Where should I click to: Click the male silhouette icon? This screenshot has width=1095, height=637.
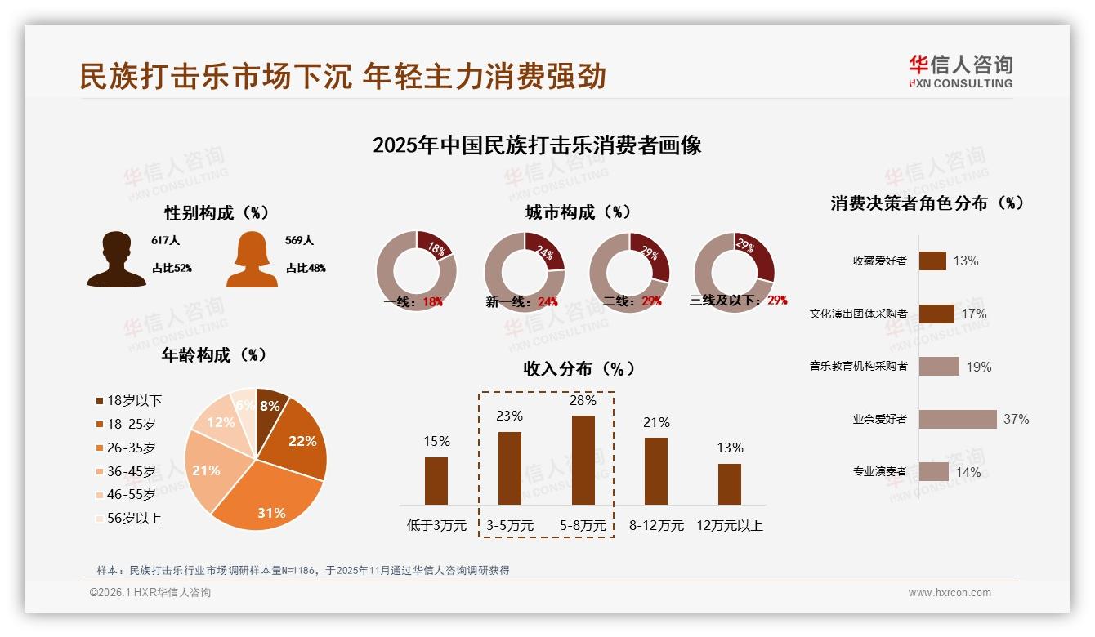tap(116, 259)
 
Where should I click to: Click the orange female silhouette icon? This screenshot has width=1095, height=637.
tap(252, 259)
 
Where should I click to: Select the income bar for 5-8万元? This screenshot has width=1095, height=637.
tap(583, 460)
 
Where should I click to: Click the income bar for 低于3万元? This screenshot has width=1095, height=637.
tap(436, 480)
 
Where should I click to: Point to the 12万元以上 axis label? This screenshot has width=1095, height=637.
tap(729, 525)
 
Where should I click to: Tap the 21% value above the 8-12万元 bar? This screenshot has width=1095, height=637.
tap(655, 422)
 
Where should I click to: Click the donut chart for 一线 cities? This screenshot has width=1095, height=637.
tap(416, 270)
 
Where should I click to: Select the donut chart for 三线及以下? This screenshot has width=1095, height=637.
tap(734, 270)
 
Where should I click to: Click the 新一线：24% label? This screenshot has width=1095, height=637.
tap(521, 301)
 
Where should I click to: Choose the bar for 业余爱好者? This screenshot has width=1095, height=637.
tap(957, 419)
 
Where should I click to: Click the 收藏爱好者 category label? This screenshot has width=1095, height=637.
tap(879, 261)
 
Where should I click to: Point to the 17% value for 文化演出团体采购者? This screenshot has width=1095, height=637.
tap(973, 314)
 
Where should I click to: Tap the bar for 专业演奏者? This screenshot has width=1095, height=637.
tap(933, 471)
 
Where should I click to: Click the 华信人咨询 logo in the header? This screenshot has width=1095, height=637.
tap(960, 71)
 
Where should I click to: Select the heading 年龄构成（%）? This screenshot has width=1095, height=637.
tap(214, 355)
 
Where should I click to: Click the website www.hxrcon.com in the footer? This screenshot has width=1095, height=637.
tap(949, 593)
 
